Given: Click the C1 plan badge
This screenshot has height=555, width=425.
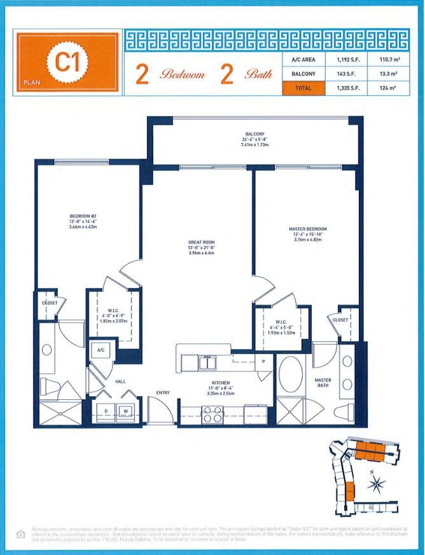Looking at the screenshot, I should [x=67, y=64].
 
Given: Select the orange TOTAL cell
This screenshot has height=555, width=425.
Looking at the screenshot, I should [x=303, y=88].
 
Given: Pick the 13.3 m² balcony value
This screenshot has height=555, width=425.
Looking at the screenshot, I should [x=386, y=74].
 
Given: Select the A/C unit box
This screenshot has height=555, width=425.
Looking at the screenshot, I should [x=101, y=350].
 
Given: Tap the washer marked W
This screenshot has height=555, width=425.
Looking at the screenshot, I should [x=125, y=411].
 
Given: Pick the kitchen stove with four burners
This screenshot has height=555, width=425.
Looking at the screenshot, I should [x=212, y=415].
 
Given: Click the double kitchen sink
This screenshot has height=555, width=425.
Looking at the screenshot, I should [x=206, y=364].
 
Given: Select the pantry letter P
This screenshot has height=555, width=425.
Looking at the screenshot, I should [x=263, y=360].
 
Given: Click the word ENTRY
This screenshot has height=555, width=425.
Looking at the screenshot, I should [x=163, y=393].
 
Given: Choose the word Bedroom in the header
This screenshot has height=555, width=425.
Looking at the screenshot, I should [x=183, y=74].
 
